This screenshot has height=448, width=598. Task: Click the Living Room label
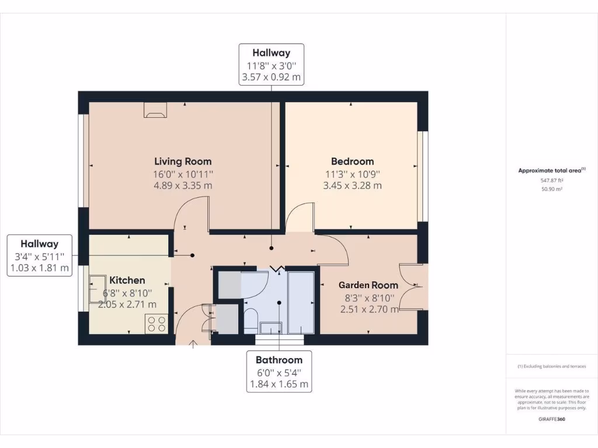(183, 161)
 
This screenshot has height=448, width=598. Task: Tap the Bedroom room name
(352, 161)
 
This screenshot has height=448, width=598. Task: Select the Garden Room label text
(368, 285)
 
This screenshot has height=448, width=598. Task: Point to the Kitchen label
(127, 280)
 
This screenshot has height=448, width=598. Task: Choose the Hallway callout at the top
(272, 64)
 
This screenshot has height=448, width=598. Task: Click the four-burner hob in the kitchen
(157, 324)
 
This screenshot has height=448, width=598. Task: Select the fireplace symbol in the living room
(155, 110)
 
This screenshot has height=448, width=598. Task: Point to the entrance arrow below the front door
(193, 343)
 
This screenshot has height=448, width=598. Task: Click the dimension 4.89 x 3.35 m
(183, 185)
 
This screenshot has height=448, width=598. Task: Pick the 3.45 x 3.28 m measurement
(352, 185)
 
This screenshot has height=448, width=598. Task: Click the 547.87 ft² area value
(551, 181)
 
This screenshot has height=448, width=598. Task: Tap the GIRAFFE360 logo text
(552, 419)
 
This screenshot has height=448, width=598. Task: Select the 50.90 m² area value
(551, 190)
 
